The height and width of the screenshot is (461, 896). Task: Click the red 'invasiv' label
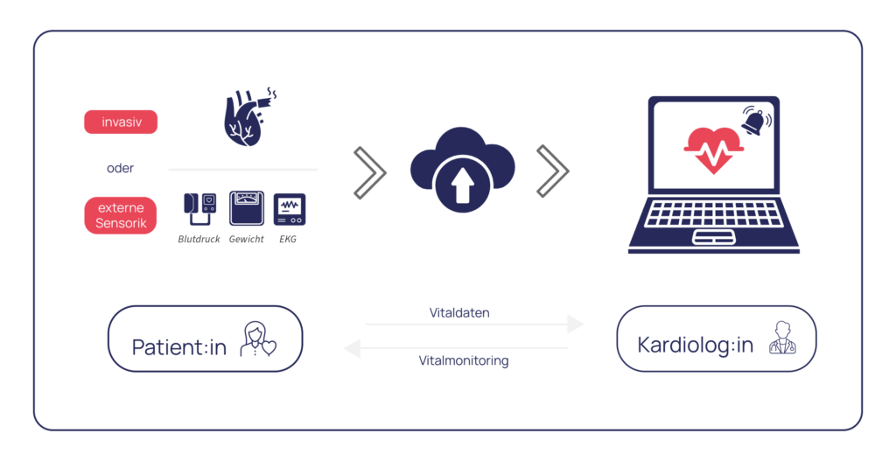coord(121,122)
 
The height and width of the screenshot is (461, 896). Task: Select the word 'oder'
coord(121,168)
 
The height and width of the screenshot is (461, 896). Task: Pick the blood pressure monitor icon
coord(199,210)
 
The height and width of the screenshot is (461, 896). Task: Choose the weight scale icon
coord(246,209)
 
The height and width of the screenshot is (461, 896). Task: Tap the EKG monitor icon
coord(290,210)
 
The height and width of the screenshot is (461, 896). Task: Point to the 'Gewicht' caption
coord(246,239)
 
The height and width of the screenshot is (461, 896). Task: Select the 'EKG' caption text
coord(287,239)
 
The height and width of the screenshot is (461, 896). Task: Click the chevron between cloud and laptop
coord(552,171)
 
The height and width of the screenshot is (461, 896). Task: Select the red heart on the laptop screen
coord(713,150)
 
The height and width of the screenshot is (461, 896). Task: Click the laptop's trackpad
coord(714,237)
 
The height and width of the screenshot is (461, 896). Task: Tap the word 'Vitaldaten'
coord(459,312)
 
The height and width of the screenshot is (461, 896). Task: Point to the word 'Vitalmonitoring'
coord(463,360)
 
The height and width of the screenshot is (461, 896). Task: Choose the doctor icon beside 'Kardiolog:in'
coord(782,339)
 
